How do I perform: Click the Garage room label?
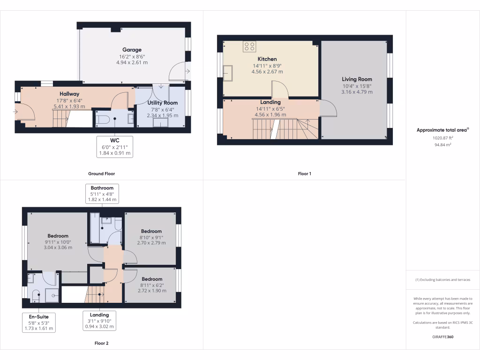132,50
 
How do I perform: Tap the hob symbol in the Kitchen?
249,46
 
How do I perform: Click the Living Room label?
357,79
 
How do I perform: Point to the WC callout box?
115,147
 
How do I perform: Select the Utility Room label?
162,103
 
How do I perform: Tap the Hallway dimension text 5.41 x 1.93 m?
69,106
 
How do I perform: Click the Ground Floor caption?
101,173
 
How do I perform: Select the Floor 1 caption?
304,173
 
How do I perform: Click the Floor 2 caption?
101,343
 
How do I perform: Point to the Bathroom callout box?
102,194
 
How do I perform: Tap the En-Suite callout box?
39,322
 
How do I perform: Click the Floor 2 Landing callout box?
99,321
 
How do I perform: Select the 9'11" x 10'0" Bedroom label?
58,236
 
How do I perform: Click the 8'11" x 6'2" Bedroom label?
151,279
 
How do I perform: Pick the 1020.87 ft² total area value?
442,138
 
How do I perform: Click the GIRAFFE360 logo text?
442,337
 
